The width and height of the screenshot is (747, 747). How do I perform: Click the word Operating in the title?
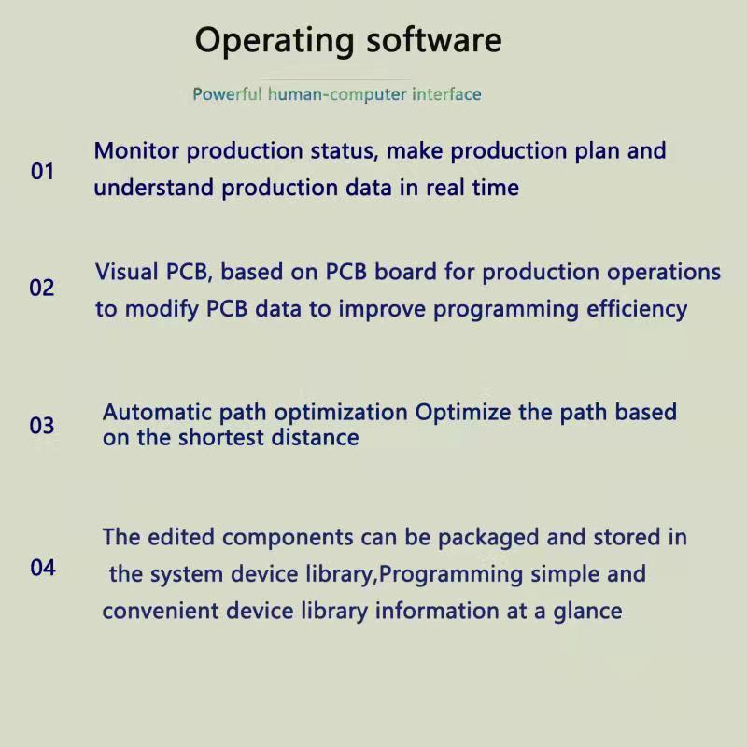(275, 42)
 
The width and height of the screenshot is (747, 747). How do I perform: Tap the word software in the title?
(434, 39)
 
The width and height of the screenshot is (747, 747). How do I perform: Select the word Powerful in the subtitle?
(227, 94)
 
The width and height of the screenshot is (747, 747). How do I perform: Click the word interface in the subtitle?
(446, 94)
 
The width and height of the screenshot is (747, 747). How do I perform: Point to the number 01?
(42, 172)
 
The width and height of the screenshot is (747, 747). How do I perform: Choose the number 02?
(42, 288)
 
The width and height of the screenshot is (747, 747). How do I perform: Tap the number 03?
(42, 426)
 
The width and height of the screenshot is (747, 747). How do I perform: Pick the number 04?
(43, 568)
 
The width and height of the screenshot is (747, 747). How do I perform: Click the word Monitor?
(136, 151)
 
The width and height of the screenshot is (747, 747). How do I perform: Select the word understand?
(153, 188)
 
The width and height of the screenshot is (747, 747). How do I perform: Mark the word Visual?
(127, 272)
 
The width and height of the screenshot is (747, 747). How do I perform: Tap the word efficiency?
(637, 310)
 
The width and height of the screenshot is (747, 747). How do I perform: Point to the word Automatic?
(157, 412)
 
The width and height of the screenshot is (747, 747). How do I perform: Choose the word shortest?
(220, 437)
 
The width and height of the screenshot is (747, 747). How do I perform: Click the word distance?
(315, 437)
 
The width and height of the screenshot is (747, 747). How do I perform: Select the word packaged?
(488, 538)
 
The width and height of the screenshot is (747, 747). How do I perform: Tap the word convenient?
(160, 611)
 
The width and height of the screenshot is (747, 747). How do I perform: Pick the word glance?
(587, 613)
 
